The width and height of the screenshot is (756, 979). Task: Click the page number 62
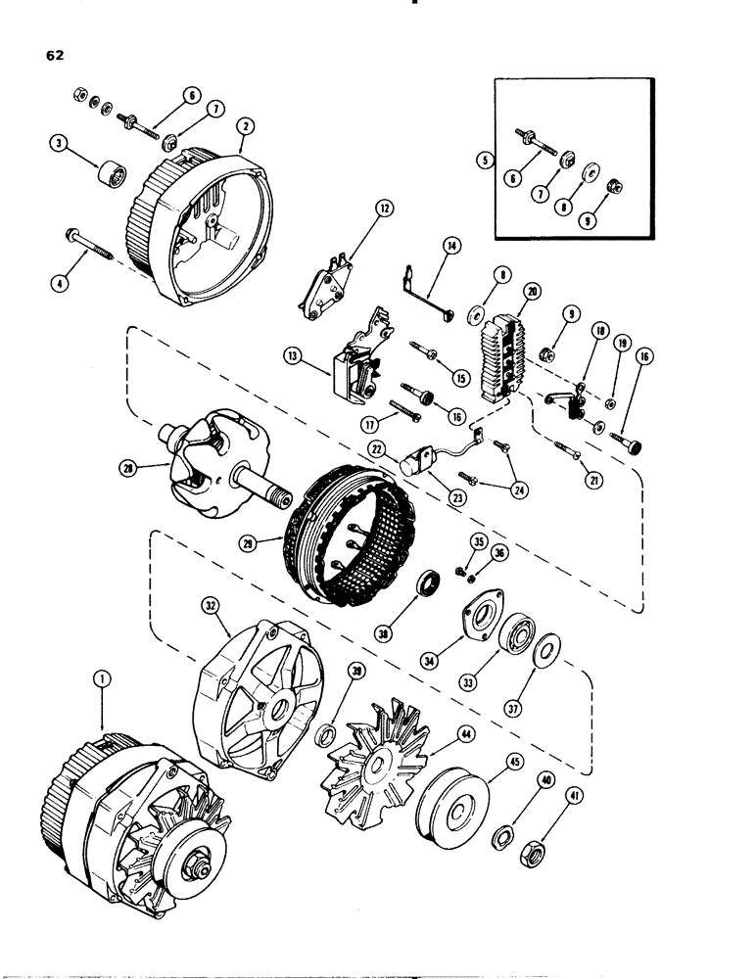click(55, 56)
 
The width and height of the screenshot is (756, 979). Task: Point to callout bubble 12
click(383, 208)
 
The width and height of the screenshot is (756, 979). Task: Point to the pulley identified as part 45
click(452, 810)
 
